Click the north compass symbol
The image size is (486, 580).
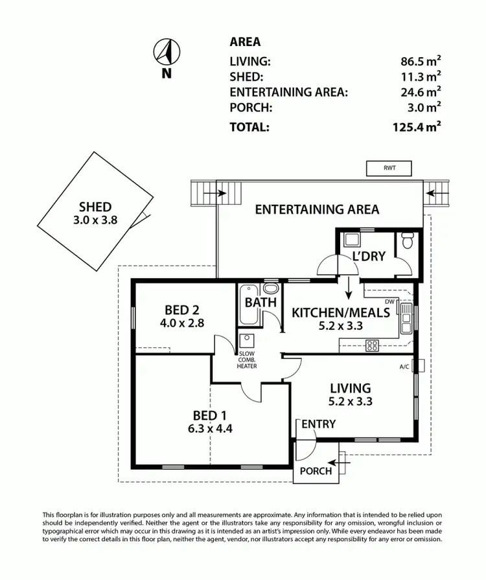coord(167,52)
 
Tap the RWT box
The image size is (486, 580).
coord(389,168)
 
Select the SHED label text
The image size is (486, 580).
coord(96,207)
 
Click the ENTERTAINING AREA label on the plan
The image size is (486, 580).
coord(316,209)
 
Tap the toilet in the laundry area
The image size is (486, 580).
coord(408,242)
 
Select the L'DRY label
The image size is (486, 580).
coord(369,257)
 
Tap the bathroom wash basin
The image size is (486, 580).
coord(270,288)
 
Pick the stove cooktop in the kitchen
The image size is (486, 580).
coord(373,345)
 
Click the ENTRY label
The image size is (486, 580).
coord(318,424)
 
